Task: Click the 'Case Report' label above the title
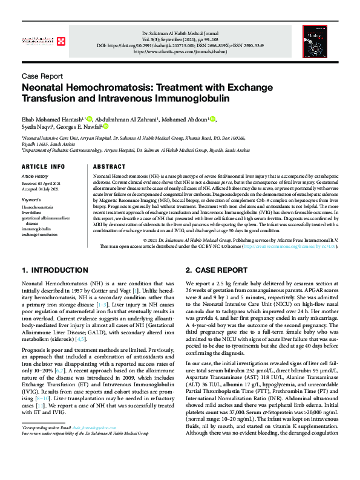42,76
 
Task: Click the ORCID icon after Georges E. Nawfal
105,126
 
